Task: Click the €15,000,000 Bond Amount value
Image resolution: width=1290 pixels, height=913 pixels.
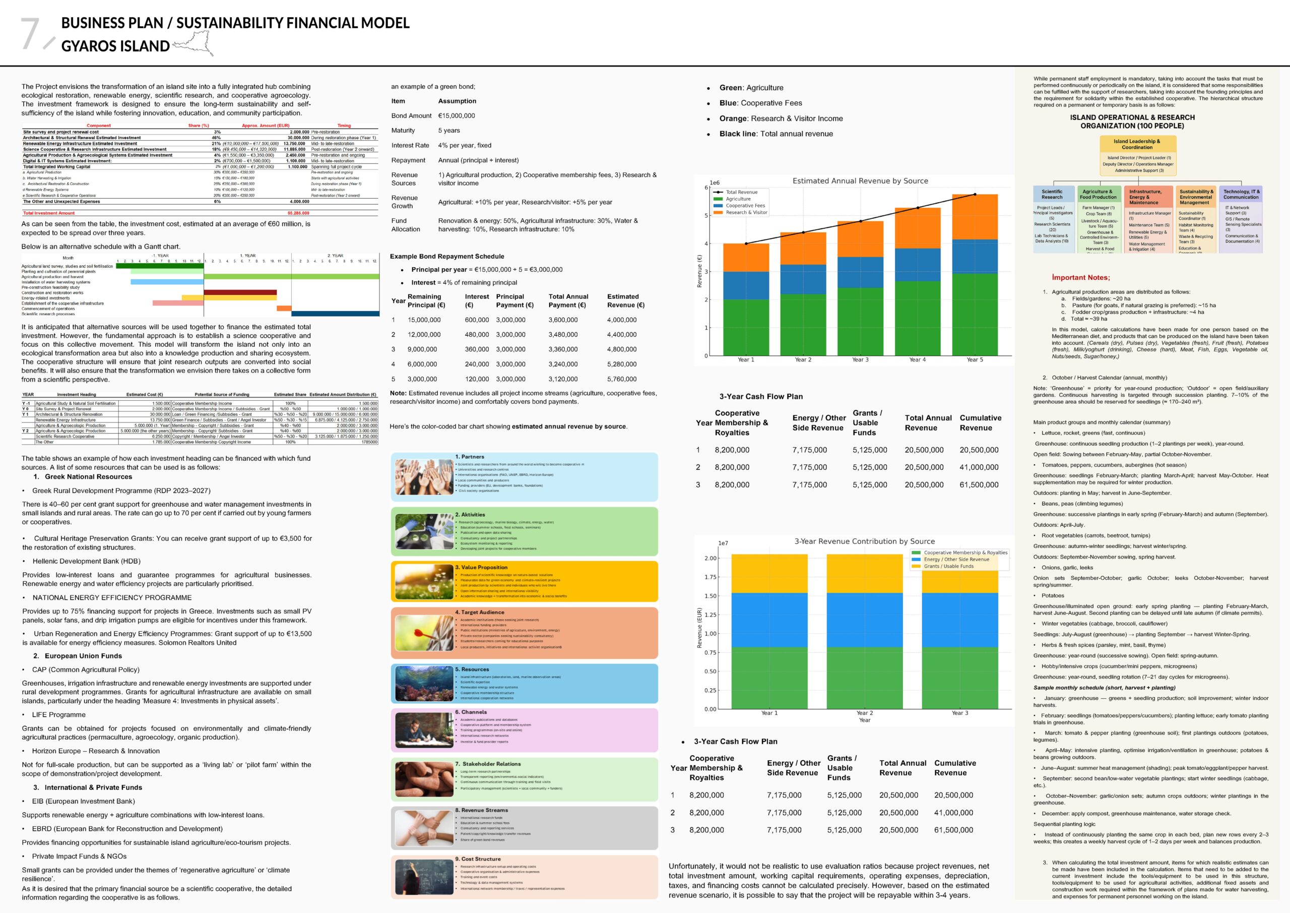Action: pos(456,116)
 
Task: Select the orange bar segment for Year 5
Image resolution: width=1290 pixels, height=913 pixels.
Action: pos(974,217)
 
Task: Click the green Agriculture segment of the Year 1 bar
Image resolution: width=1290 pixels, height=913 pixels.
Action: pos(746,327)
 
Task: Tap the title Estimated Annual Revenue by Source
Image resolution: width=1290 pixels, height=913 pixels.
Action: pos(860,181)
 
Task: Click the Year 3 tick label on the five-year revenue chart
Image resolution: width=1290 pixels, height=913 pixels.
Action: pos(860,360)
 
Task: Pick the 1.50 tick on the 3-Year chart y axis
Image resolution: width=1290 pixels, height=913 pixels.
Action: pos(710,596)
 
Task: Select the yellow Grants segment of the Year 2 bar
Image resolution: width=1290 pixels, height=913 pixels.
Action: pos(864,573)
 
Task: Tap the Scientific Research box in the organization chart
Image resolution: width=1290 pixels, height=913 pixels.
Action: pos(1052,195)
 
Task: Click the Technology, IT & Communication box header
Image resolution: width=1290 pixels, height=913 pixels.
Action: pos(1241,195)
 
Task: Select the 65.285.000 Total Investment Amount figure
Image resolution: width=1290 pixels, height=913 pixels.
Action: pos(298,213)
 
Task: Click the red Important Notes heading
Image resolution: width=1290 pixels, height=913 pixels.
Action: pos(1080,278)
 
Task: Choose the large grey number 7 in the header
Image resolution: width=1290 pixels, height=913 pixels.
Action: pos(31,34)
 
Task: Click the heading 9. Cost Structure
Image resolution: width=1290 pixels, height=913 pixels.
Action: pos(478,859)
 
